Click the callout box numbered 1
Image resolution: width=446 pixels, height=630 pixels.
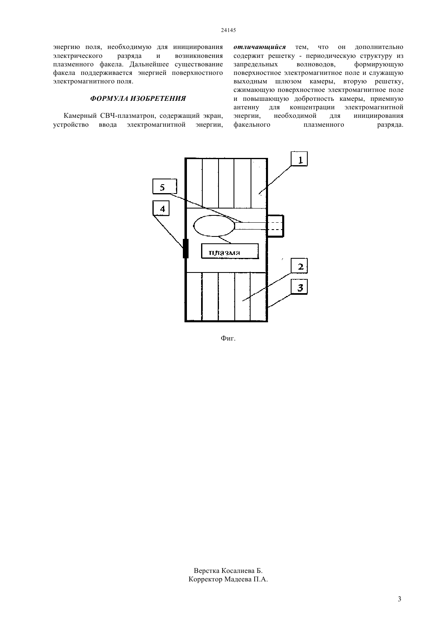point(299,159)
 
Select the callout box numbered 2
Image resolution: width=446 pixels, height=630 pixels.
point(299,266)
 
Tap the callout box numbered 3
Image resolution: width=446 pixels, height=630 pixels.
point(299,287)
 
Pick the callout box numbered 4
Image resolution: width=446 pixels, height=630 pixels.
point(161,208)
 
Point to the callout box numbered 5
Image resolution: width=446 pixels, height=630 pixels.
point(165,187)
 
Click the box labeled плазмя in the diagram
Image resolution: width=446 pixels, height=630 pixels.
point(230,251)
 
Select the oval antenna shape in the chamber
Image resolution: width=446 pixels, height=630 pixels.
point(214,226)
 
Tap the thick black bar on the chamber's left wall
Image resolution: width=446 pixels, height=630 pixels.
point(186,248)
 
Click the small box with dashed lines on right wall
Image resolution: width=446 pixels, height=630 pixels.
point(276,226)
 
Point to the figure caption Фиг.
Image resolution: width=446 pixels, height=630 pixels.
point(228,338)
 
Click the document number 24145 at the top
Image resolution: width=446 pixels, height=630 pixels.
point(228,30)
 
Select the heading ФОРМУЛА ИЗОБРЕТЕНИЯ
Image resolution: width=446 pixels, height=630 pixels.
point(138,99)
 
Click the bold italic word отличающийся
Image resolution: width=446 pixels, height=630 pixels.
point(259,47)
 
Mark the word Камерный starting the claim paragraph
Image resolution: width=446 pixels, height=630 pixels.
point(81,116)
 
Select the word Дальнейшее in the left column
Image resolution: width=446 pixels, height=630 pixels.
point(150,64)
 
